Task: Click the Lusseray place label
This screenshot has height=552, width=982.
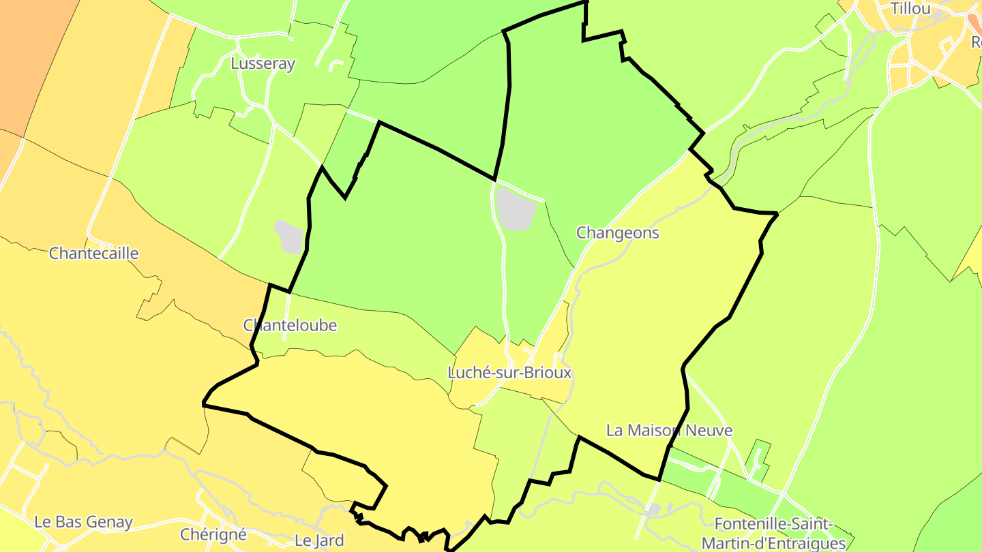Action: [263, 64]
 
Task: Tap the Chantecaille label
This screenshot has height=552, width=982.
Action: [94, 254]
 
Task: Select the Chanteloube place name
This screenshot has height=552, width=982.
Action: [290, 326]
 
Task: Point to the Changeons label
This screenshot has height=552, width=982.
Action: [618, 233]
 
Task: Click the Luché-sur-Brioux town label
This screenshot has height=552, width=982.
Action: [509, 373]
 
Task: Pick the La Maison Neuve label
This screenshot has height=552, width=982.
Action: [669, 431]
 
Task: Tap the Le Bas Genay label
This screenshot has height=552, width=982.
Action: [83, 523]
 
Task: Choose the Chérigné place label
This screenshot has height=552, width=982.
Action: [213, 534]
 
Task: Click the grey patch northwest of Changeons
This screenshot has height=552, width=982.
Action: [516, 208]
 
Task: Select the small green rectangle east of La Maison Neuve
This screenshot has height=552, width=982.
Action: [758, 461]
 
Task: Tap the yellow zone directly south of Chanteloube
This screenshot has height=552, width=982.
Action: [355, 409]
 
